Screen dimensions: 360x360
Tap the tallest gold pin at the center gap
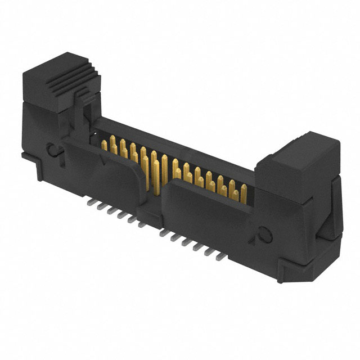[x=164, y=169]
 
